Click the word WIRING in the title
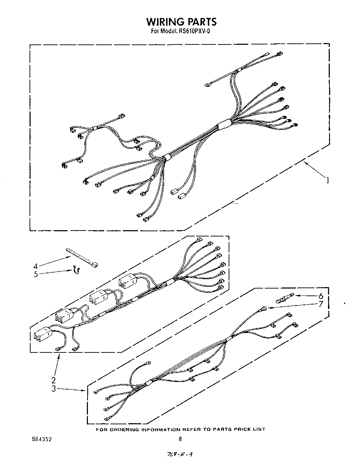point(163,22)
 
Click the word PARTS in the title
point(199,22)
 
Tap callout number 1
point(327,180)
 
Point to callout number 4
point(35,266)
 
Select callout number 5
point(35,274)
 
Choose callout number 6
point(321,296)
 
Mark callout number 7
point(321,304)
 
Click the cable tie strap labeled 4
point(82,257)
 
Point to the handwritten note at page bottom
point(180,454)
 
